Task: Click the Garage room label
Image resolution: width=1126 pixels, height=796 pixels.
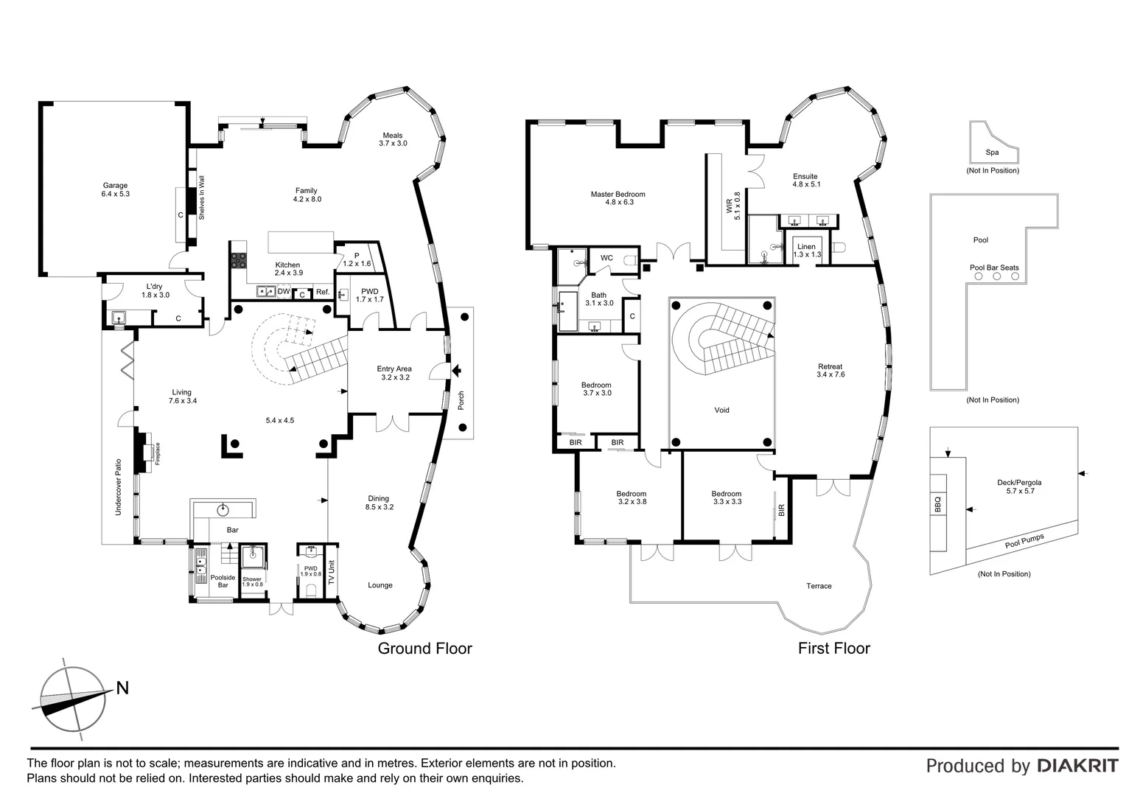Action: pyautogui.click(x=115, y=186)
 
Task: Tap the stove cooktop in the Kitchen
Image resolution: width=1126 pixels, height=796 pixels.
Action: pyautogui.click(x=239, y=260)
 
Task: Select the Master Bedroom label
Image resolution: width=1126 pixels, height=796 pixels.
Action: pyautogui.click(x=618, y=195)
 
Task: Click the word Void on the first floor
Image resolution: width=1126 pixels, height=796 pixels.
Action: pyautogui.click(x=721, y=410)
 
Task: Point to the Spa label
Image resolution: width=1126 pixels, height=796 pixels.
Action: pyautogui.click(x=993, y=153)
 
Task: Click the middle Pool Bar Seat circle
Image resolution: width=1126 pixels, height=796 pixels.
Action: pyautogui.click(x=996, y=276)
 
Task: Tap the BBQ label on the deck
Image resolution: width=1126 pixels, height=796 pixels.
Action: pyautogui.click(x=938, y=505)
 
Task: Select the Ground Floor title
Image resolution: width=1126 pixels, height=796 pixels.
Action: pyautogui.click(x=424, y=649)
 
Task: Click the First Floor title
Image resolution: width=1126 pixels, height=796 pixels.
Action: pyautogui.click(x=834, y=649)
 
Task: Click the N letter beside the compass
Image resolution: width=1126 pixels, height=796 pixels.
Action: pyautogui.click(x=122, y=688)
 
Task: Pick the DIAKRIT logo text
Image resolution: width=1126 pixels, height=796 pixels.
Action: pyautogui.click(x=1077, y=766)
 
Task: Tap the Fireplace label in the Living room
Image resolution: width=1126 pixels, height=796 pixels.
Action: pyautogui.click(x=157, y=453)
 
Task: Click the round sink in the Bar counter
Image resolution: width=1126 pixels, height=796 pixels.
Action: pyautogui.click(x=223, y=509)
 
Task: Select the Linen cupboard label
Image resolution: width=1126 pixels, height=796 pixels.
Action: pyautogui.click(x=806, y=247)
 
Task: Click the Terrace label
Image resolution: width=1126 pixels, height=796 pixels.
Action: pyautogui.click(x=819, y=586)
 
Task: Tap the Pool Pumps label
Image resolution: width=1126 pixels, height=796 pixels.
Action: pyautogui.click(x=1024, y=542)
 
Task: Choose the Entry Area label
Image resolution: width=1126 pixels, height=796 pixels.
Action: pyautogui.click(x=394, y=369)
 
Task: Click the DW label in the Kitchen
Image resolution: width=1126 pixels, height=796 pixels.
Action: pyautogui.click(x=284, y=292)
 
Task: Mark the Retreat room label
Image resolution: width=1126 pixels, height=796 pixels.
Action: pyautogui.click(x=830, y=366)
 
